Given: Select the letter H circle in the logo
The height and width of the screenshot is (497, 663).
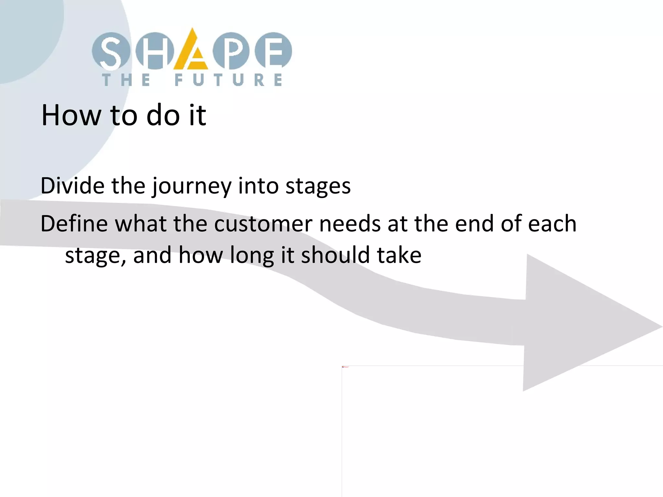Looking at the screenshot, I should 155,51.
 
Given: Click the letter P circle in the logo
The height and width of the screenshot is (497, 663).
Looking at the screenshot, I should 231,51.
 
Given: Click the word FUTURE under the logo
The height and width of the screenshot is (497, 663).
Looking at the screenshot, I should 228,80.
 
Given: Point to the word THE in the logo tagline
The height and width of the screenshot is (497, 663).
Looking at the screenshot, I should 126,80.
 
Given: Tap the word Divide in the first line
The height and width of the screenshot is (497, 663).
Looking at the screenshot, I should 72,186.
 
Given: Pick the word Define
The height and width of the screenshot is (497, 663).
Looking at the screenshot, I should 74,224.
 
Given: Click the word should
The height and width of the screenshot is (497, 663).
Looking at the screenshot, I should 335,255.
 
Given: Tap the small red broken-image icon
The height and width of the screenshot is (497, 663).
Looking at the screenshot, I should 343,367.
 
